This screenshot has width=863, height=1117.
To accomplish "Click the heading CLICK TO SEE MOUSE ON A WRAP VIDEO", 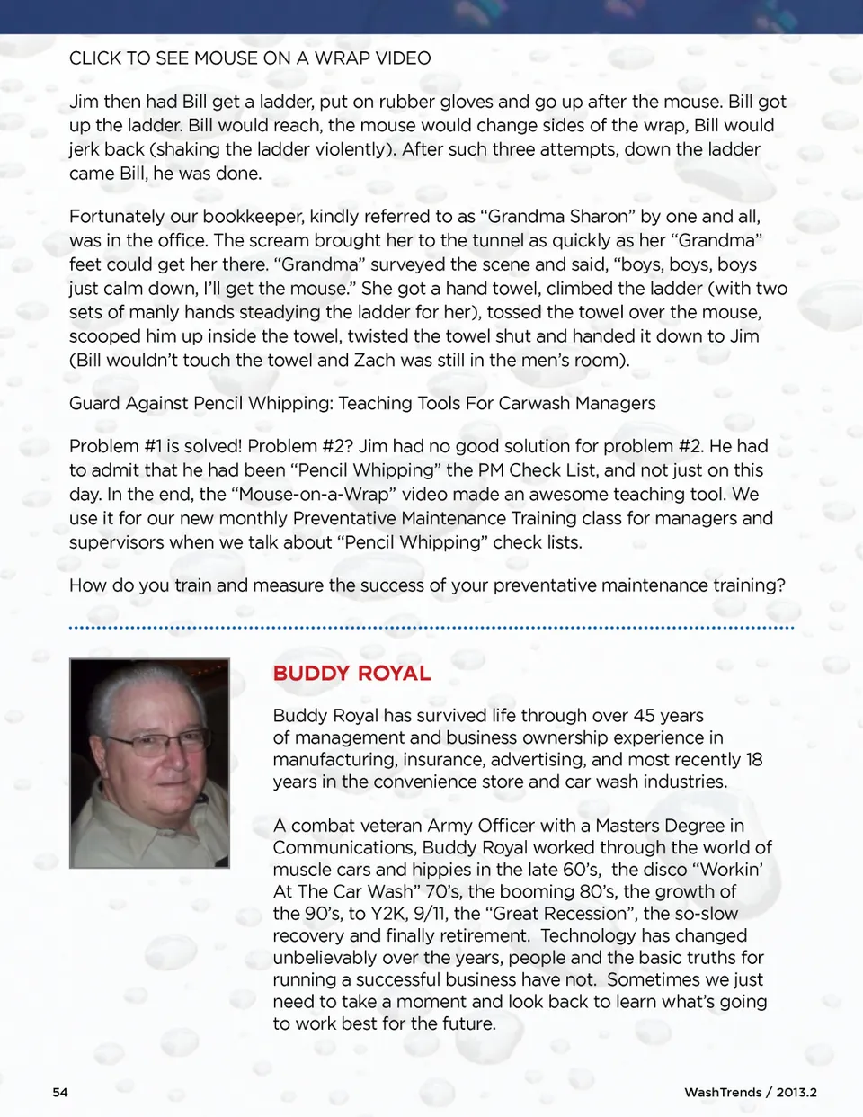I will pyautogui.click(x=250, y=58).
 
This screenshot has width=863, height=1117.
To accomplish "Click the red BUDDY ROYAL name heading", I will pyautogui.click(x=351, y=674).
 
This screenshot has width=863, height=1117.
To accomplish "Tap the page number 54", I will pyautogui.click(x=60, y=1092).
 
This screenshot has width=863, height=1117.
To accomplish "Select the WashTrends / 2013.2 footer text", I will pyautogui.click(x=750, y=1092).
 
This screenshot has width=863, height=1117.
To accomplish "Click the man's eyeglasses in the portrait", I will pyautogui.click(x=157, y=743).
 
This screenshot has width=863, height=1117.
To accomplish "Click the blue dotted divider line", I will pyautogui.click(x=431, y=627).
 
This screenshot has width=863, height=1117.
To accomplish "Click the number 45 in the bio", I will pyautogui.click(x=644, y=716).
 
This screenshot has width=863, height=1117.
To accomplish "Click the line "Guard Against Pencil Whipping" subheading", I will pyautogui.click(x=362, y=403).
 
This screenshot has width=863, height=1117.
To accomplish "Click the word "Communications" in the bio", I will pyautogui.click(x=345, y=848).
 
